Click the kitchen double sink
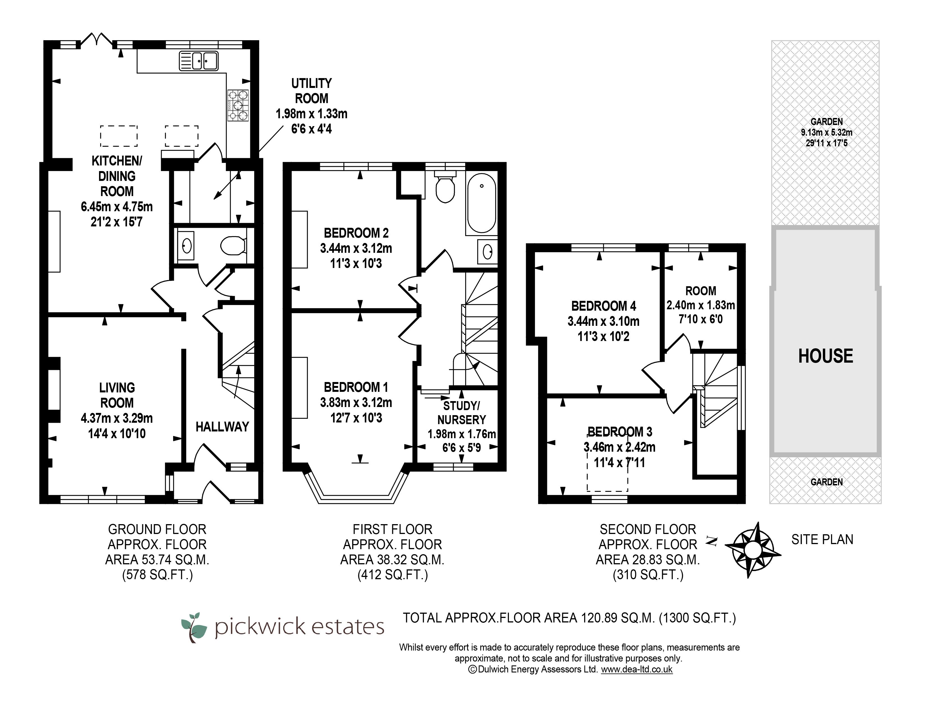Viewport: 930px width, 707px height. (x=198, y=61)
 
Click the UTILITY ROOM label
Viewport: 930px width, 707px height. (x=311, y=91)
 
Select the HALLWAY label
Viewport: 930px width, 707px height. (x=222, y=427)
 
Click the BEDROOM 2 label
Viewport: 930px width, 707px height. (x=356, y=233)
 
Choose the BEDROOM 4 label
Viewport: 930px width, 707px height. (x=604, y=306)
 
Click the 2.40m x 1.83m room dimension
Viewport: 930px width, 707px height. (x=701, y=305)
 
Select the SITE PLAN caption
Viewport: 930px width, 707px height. (x=822, y=540)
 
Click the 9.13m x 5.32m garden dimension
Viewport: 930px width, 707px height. (x=826, y=133)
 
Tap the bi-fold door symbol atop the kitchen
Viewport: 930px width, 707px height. (x=97, y=40)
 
